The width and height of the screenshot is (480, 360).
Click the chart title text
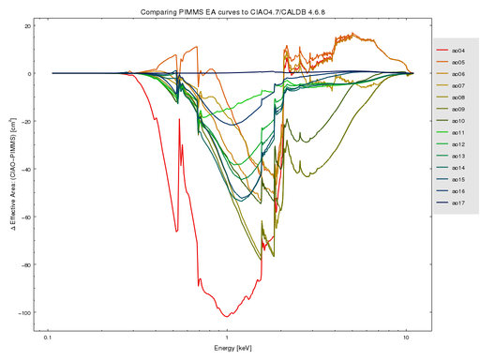pyautogui.click(x=240, y=8)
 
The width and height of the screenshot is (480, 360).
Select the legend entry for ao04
pyautogui.click(x=453, y=48)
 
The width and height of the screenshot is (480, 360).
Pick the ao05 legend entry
pyautogui.click(x=453, y=60)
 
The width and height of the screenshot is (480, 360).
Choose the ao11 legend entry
pyautogui.click(x=453, y=132)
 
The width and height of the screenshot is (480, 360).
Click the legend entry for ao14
pyautogui.click(x=453, y=168)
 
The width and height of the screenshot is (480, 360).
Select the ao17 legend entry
pyautogui.click(x=453, y=203)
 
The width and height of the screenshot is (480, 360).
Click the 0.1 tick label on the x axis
pyautogui.click(x=48, y=335)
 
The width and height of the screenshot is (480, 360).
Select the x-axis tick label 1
pyautogui.click(x=227, y=335)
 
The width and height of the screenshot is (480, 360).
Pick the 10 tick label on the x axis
pyautogui.click(x=406, y=335)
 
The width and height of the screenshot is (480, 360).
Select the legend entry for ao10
pyautogui.click(x=453, y=120)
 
